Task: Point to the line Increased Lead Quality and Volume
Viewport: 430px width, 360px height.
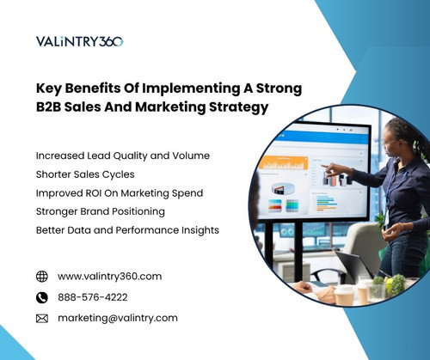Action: pyautogui.click(x=123, y=156)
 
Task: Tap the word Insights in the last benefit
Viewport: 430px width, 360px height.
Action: pyautogui.click(x=200, y=229)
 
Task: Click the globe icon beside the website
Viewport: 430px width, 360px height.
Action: pyautogui.click(x=42, y=277)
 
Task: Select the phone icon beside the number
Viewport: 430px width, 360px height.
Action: pyautogui.click(x=42, y=297)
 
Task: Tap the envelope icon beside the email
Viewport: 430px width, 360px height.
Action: pyautogui.click(x=42, y=318)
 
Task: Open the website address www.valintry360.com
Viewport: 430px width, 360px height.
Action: pyautogui.click(x=109, y=277)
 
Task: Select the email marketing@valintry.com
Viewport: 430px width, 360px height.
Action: pyautogui.click(x=118, y=318)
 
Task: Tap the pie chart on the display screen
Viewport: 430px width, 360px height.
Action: pyautogui.click(x=304, y=188)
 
